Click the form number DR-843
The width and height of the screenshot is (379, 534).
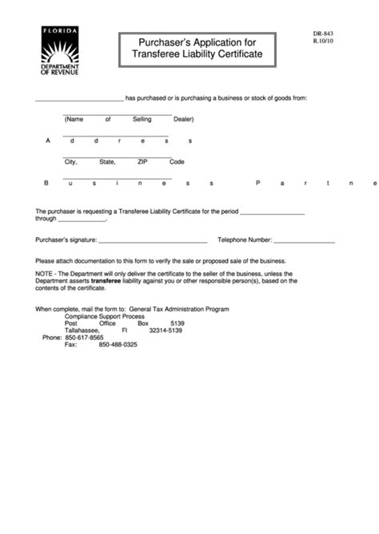(324, 35)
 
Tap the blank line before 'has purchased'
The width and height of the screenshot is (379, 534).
(79, 101)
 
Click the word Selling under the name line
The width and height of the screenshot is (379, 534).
(142, 119)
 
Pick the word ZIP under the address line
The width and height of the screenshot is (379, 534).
(142, 162)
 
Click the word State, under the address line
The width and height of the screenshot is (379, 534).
(107, 162)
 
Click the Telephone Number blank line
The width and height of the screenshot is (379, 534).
(304, 241)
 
